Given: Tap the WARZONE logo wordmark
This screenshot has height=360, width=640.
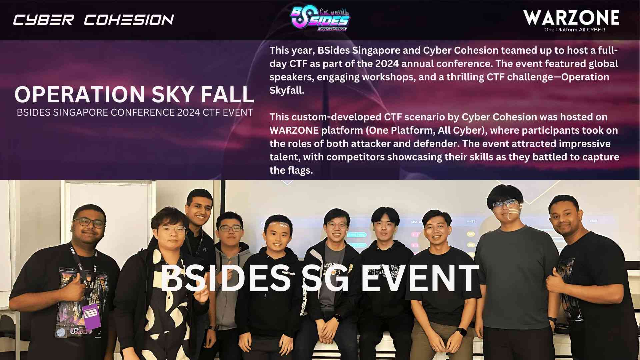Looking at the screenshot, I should tap(571, 17).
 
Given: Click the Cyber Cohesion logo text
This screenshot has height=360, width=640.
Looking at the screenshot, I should tap(94, 20).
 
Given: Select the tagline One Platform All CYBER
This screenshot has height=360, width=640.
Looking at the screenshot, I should tap(574, 30).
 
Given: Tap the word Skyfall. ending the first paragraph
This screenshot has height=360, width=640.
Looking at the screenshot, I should tap(287, 90).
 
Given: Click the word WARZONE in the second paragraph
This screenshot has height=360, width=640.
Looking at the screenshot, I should tap(294, 130).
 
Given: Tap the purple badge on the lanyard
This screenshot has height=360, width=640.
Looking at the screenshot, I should tap(91, 316).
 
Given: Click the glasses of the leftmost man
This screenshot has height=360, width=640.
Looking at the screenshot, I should tap(89, 222).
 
